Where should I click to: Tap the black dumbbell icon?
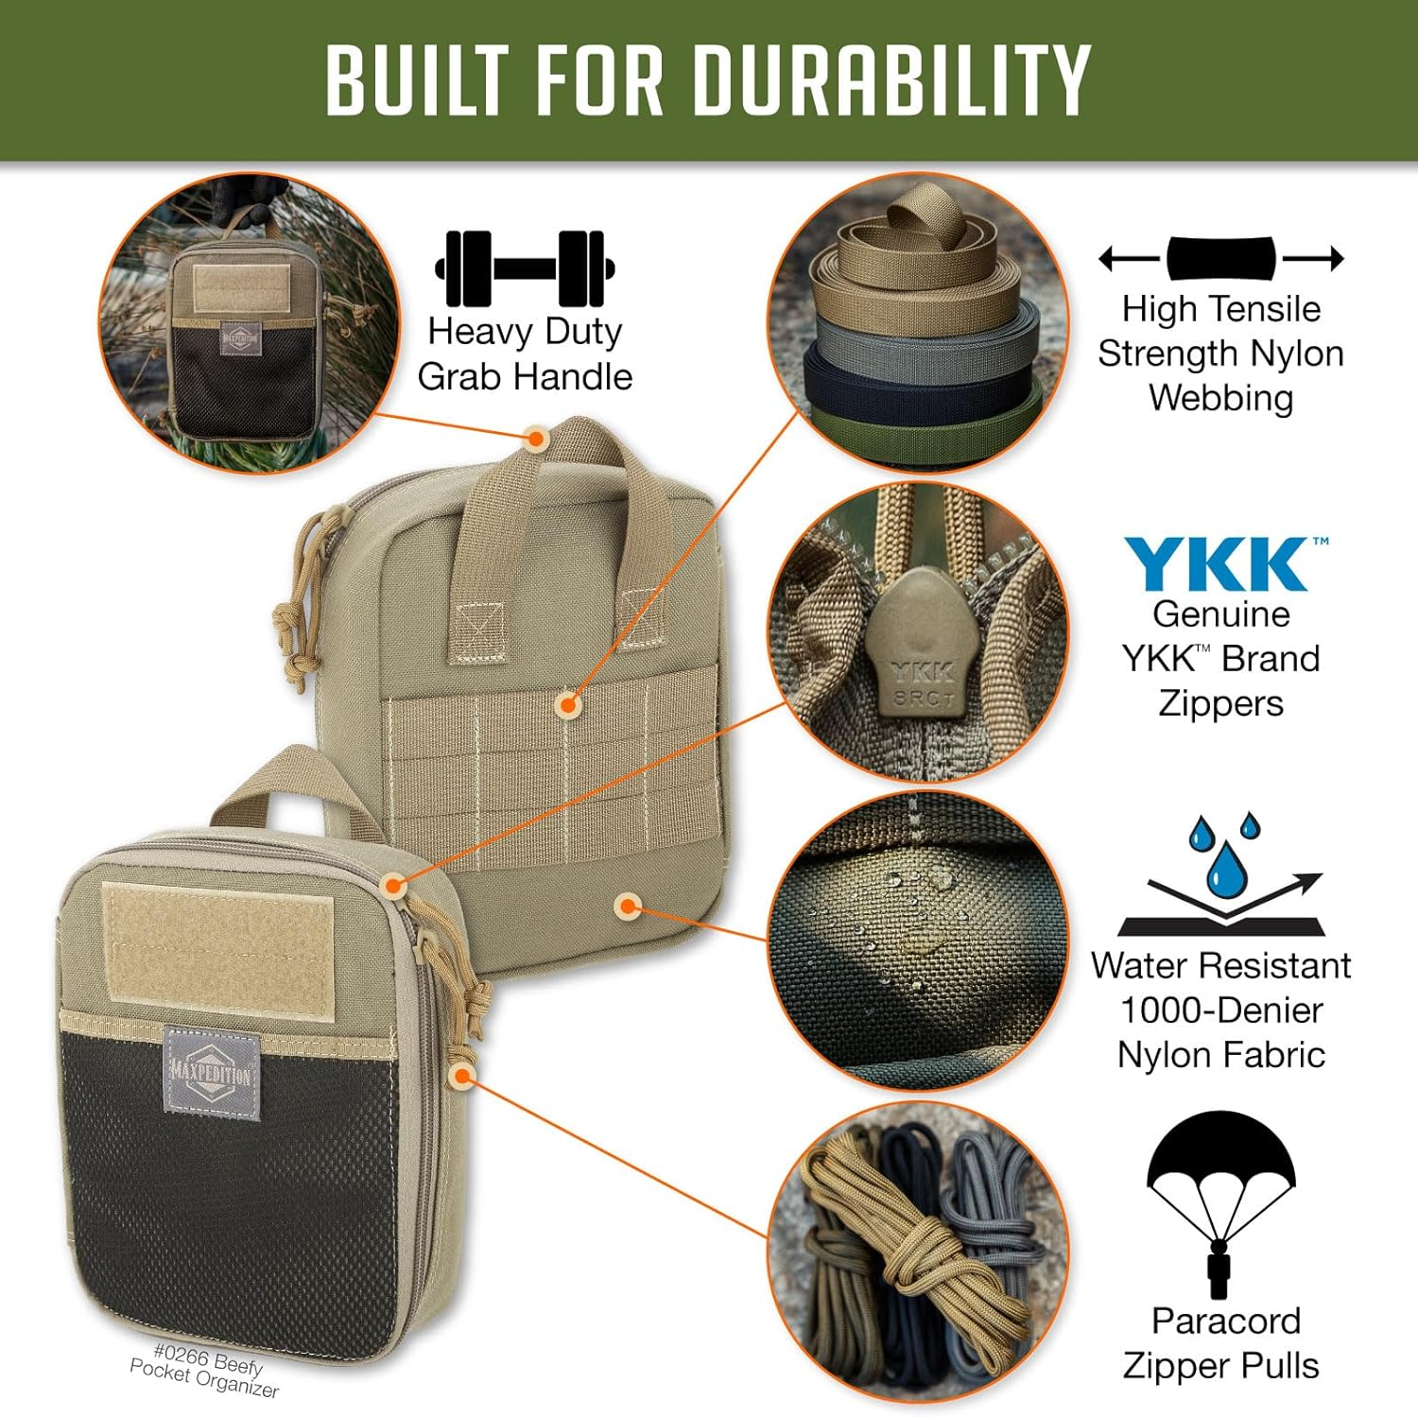point(525,268)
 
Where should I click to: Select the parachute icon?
point(1220,1201)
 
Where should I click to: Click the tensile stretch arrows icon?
point(1220,258)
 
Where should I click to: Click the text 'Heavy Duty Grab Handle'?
point(525,354)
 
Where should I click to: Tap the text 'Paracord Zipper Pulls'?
point(1223,1342)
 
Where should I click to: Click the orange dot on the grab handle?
point(536,439)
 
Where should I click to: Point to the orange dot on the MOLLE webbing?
point(568,704)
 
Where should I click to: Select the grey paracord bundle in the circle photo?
point(993,1219)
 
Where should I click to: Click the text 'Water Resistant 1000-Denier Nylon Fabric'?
point(1220,1010)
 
